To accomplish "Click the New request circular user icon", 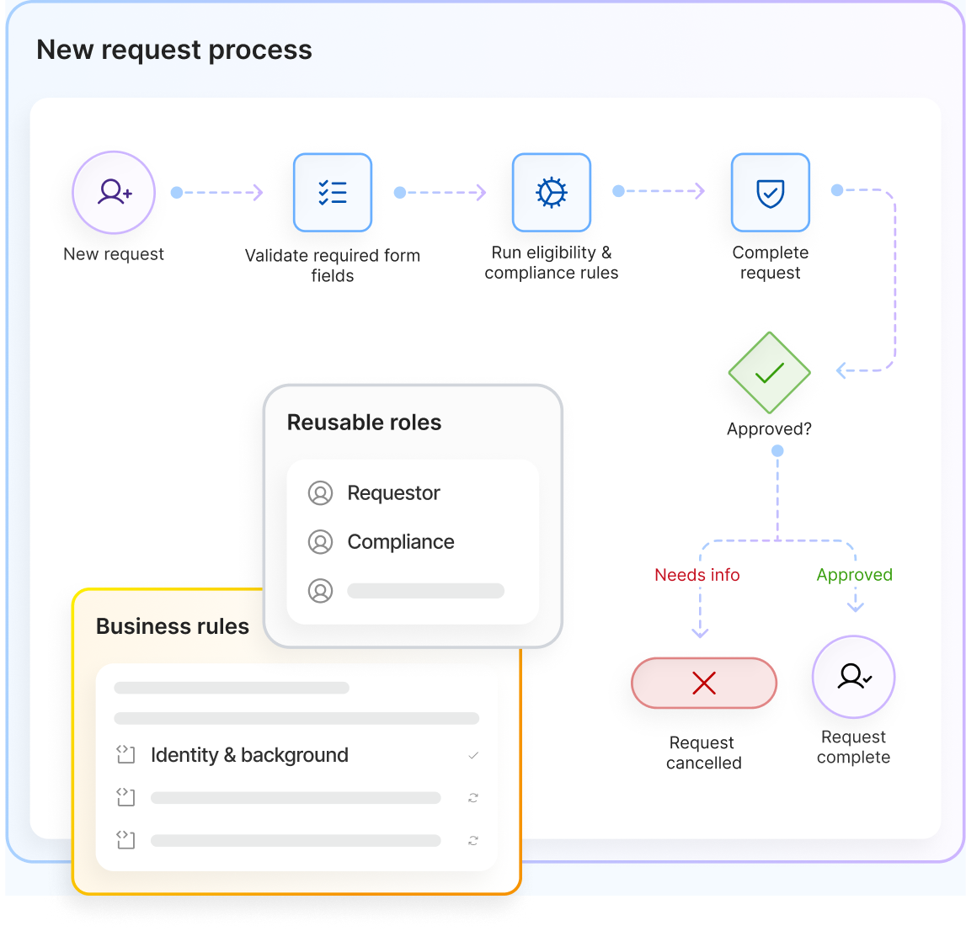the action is click(x=114, y=193).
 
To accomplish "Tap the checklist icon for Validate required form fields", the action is click(x=333, y=193).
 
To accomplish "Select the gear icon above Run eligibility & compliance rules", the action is click(x=552, y=193).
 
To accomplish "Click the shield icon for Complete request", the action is click(x=770, y=193).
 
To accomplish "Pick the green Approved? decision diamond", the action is click(x=770, y=373).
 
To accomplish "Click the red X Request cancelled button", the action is click(x=704, y=683).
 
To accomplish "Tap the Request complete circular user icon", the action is click(x=853, y=677).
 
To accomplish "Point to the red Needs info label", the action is click(x=696, y=574).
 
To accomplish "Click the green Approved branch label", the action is click(x=855, y=574).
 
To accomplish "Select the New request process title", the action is click(x=174, y=50).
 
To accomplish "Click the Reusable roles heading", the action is click(x=364, y=423).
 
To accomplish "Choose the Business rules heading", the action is click(x=173, y=626).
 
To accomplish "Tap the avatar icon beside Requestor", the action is click(x=320, y=493).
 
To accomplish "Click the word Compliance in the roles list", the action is click(x=401, y=542).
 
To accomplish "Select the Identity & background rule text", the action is click(x=249, y=755).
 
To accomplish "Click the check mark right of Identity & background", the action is click(x=473, y=756).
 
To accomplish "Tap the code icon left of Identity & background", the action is click(x=125, y=754).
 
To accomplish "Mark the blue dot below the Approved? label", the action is click(x=777, y=451).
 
